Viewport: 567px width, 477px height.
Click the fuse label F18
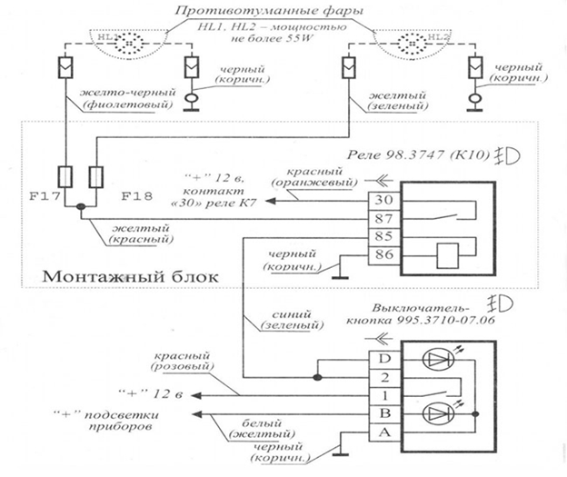pos(136,194)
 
